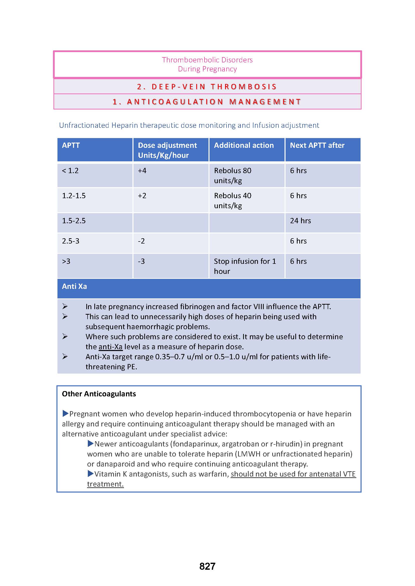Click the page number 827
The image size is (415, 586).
click(x=207, y=566)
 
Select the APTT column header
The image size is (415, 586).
click(x=71, y=145)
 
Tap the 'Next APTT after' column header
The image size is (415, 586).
click(x=317, y=145)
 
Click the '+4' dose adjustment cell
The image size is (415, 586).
click(x=142, y=171)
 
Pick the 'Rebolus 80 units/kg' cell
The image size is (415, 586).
click(x=233, y=175)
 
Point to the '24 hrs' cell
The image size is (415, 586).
click(x=300, y=220)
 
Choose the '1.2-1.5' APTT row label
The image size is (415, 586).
click(x=74, y=195)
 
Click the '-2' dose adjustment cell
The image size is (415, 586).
click(x=141, y=241)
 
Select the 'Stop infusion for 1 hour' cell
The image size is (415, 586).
click(x=245, y=266)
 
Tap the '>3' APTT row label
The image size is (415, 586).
click(x=66, y=261)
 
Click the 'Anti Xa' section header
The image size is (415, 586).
click(x=74, y=286)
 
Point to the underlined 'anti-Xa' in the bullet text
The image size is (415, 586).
click(x=110, y=346)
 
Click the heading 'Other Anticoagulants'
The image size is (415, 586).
click(x=99, y=394)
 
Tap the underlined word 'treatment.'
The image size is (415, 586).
click(x=105, y=484)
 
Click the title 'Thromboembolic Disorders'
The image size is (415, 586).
click(x=207, y=60)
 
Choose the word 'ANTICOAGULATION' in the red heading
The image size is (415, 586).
click(x=175, y=102)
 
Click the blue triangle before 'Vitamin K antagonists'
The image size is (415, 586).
click(x=91, y=474)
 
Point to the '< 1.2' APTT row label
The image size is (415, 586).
click(x=70, y=171)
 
